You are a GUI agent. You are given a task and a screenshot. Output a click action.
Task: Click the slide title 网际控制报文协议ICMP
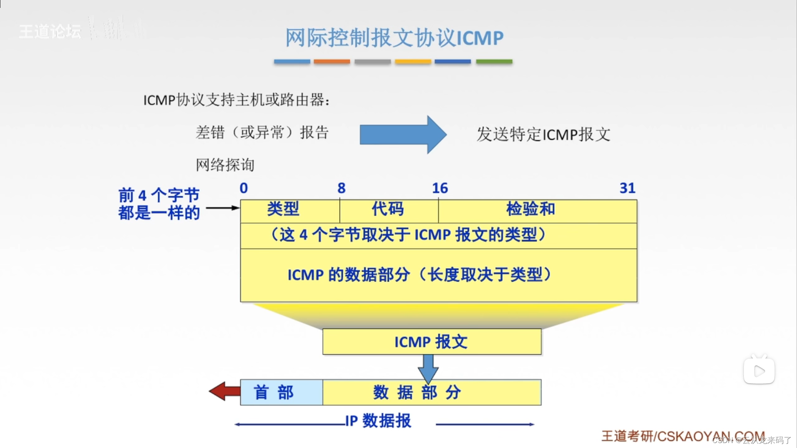pyautogui.click(x=394, y=38)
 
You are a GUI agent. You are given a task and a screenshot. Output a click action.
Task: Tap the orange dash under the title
pyautogui.click(x=332, y=61)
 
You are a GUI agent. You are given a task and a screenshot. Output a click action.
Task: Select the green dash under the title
pyautogui.click(x=494, y=61)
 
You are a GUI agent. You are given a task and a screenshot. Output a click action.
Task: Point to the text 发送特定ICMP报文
pyautogui.click(x=543, y=134)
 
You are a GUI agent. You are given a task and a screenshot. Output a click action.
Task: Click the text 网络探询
pyautogui.click(x=225, y=165)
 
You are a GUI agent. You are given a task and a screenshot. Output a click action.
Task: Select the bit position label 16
pyautogui.click(x=440, y=188)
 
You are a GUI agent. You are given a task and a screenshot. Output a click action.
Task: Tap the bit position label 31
pyautogui.click(x=627, y=188)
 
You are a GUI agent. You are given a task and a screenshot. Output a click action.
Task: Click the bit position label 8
pyautogui.click(x=341, y=188)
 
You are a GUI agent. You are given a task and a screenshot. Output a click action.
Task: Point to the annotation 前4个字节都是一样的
pyautogui.click(x=159, y=204)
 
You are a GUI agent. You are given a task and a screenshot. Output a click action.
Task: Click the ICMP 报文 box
pyautogui.click(x=432, y=342)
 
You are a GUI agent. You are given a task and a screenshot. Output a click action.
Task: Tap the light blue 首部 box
pyautogui.click(x=281, y=392)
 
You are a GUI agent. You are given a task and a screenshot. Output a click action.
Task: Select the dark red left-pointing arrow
pyautogui.click(x=225, y=391)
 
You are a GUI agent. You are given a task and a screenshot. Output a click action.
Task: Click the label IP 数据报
pyautogui.click(x=378, y=421)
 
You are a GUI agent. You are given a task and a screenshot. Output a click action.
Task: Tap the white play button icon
pyautogui.click(x=759, y=371)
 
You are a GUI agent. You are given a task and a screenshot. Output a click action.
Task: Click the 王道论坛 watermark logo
pyautogui.click(x=50, y=32)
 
